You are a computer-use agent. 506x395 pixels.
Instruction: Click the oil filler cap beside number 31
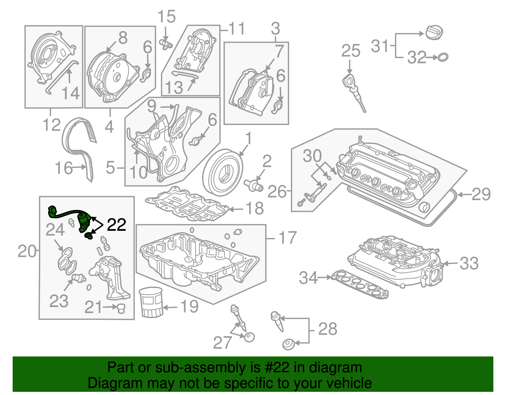tap(434, 33)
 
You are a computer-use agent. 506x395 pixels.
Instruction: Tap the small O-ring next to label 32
tap(443, 57)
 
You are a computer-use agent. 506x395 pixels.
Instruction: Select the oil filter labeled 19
tap(151, 302)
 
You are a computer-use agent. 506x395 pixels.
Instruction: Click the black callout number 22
tap(116, 225)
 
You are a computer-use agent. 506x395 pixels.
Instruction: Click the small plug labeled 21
tap(121, 308)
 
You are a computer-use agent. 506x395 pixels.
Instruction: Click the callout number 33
tap(469, 263)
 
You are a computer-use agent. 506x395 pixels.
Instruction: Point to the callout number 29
tap(481, 194)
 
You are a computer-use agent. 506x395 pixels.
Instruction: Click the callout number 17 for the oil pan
tap(287, 238)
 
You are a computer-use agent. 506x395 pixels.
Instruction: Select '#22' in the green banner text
tap(275, 367)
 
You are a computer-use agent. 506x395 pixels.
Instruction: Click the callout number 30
tap(312, 156)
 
